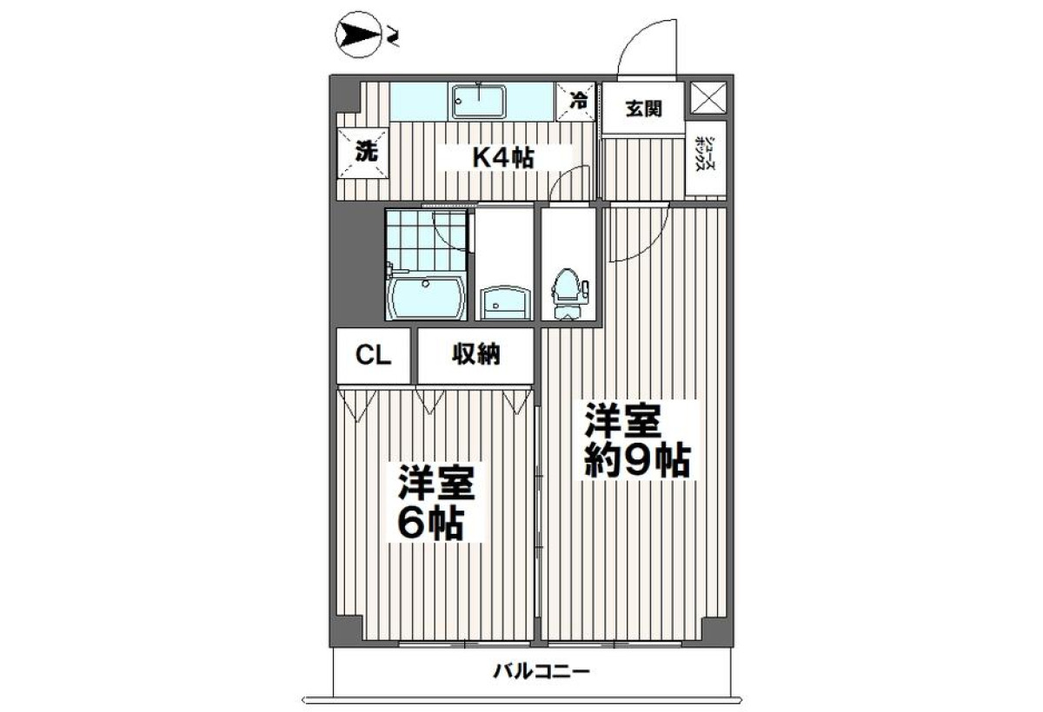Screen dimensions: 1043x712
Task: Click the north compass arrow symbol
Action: [358, 35]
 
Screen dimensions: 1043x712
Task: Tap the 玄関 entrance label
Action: [643, 109]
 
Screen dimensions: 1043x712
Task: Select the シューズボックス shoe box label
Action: [705, 154]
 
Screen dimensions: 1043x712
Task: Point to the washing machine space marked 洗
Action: [363, 153]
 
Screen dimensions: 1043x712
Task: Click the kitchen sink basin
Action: [479, 101]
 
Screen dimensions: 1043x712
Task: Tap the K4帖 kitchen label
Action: [503, 158]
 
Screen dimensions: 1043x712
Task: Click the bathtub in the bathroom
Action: [426, 297]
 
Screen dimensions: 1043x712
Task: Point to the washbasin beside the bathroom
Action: [505, 302]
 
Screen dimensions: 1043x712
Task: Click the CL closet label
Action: [373, 356]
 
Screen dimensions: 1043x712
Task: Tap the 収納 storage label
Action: [476, 354]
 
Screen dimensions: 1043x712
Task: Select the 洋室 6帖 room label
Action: [435, 504]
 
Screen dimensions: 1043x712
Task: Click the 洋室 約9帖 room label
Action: [637, 440]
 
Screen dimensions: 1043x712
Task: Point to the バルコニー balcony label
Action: [541, 671]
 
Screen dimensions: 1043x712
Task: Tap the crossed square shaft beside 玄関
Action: [708, 97]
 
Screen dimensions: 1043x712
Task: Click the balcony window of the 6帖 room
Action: [465, 643]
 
